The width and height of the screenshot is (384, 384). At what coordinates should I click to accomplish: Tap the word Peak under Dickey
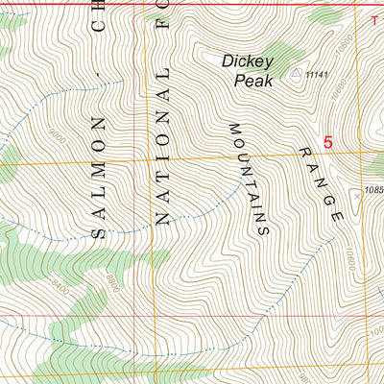[x=253, y=81]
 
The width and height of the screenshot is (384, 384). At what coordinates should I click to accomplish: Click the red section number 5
[x=327, y=142]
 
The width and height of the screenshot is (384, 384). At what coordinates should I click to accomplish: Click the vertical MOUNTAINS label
[x=246, y=179]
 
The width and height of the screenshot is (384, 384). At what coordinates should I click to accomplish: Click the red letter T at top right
[x=374, y=17]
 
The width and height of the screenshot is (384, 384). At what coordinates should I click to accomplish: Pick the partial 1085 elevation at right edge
[x=373, y=189]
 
